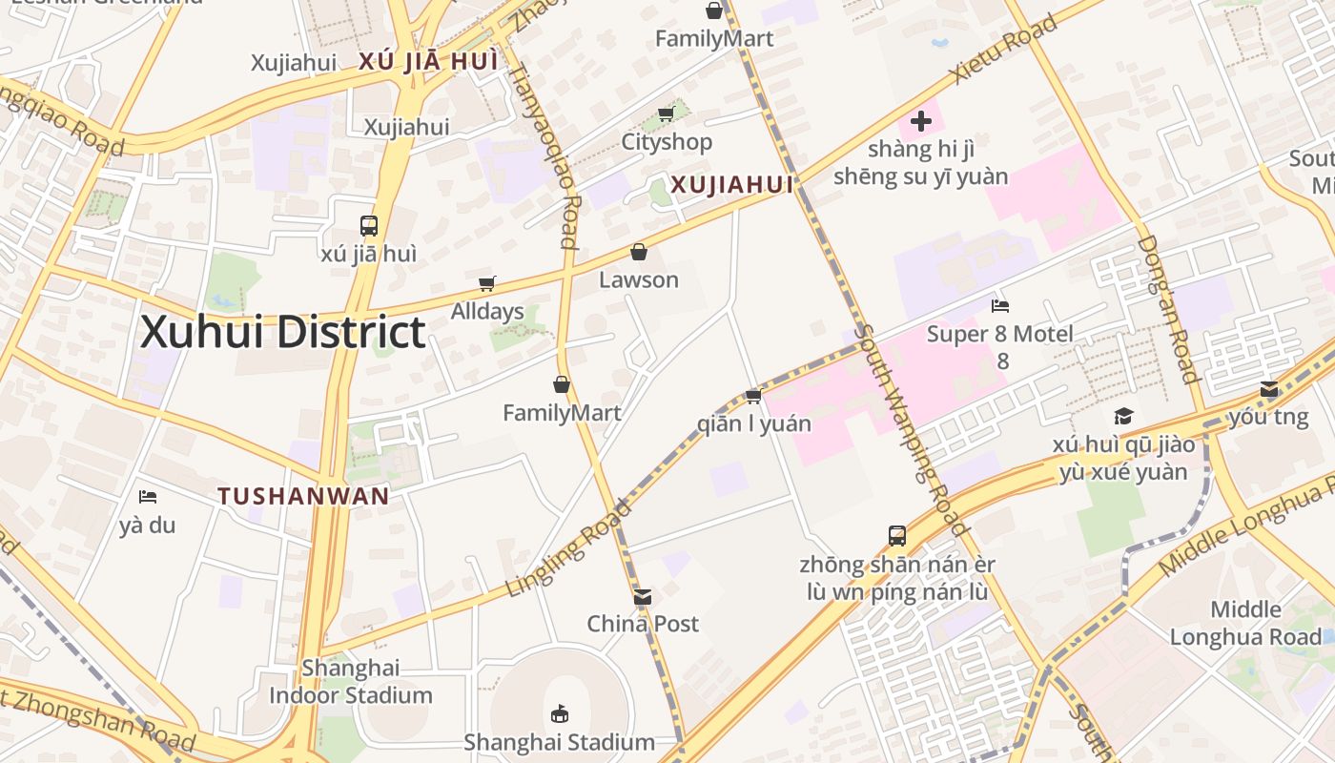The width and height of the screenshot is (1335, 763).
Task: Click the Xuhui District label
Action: click(282, 333)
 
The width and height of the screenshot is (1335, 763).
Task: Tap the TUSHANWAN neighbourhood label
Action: click(303, 496)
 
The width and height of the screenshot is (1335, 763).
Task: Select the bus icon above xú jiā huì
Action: click(369, 226)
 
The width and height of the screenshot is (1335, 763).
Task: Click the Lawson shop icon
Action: click(639, 252)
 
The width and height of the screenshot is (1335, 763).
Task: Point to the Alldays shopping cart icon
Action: click(487, 283)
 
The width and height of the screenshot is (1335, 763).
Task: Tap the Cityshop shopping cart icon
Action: click(667, 114)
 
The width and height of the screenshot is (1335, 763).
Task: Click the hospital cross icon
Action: click(921, 121)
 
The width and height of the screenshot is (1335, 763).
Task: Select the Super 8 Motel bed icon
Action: click(1000, 306)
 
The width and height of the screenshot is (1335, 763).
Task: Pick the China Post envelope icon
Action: click(643, 597)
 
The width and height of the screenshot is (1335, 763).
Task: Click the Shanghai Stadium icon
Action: click(560, 713)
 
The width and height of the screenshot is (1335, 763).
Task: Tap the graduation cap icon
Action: click(1123, 416)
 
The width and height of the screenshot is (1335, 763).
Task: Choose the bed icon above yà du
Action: click(148, 497)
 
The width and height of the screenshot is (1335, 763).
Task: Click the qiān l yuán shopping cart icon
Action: click(753, 396)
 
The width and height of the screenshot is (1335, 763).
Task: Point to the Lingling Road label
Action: click(568, 547)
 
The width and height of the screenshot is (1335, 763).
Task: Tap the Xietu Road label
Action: click(1003, 48)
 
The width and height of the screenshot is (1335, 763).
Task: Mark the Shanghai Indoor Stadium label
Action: click(351, 681)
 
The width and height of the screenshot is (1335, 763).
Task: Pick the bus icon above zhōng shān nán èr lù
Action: click(897, 536)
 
